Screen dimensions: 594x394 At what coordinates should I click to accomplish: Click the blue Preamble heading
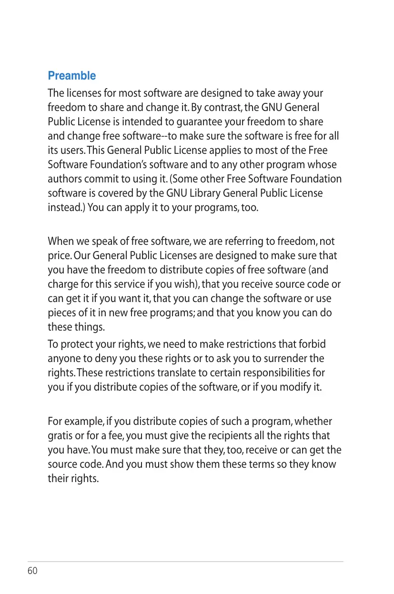pos(72,76)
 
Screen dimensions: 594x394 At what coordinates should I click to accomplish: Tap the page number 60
pos(32,571)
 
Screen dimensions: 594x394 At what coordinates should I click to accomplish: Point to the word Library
pos(213,193)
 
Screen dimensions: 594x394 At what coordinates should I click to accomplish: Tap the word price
pos(59,256)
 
